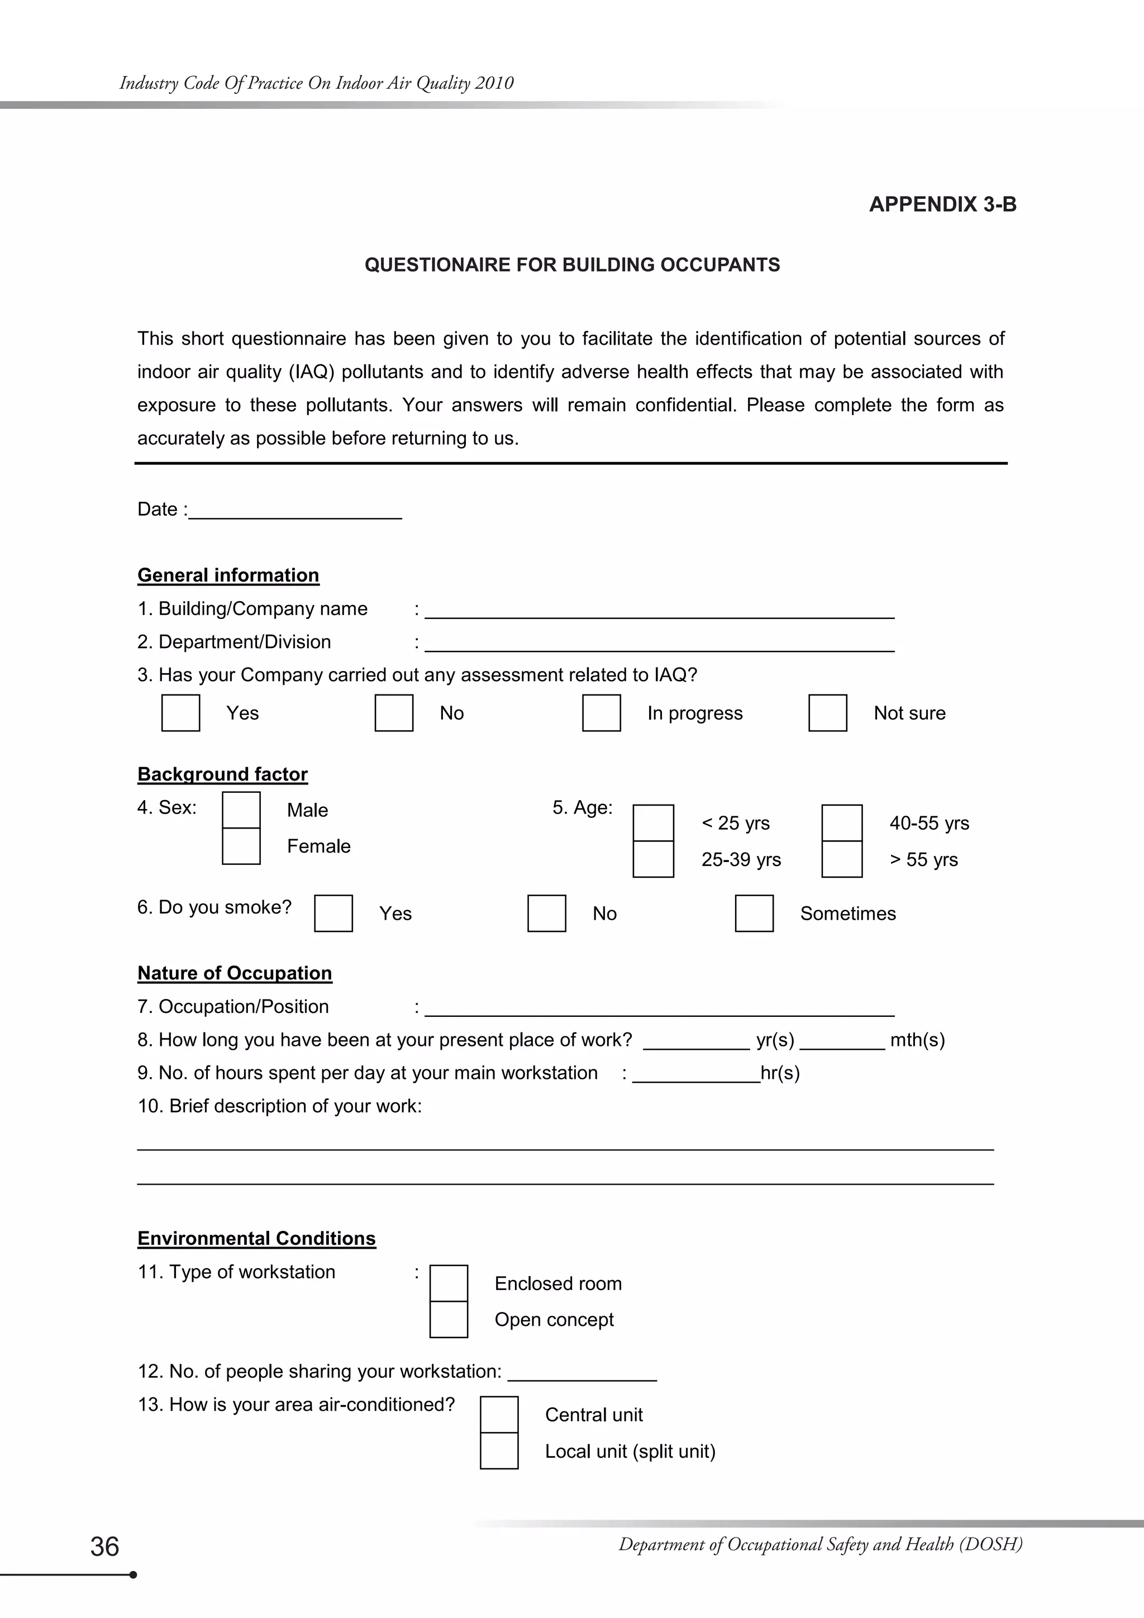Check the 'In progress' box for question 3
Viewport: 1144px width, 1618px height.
coord(601,712)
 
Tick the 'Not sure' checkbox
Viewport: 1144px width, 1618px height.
coord(827,712)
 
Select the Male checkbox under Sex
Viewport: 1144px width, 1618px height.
coord(241,810)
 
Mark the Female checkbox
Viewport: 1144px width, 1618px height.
coord(241,846)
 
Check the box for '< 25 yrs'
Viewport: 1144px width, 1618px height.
coord(653,822)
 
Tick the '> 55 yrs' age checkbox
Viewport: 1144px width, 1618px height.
coord(842,859)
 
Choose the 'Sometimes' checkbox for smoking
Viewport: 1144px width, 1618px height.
coord(754,913)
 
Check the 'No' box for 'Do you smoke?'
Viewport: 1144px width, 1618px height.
coord(547,913)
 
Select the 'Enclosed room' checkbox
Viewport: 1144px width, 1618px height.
coord(449,1283)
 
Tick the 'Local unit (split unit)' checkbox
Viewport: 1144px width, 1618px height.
coord(499,1451)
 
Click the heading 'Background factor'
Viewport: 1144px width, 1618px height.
coord(223,774)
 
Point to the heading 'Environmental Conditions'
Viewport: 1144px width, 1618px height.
coord(256,1238)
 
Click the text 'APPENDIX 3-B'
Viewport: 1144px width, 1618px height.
coord(942,204)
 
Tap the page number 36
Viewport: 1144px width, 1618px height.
coord(104,1546)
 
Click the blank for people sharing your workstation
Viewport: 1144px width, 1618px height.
coord(582,1372)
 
